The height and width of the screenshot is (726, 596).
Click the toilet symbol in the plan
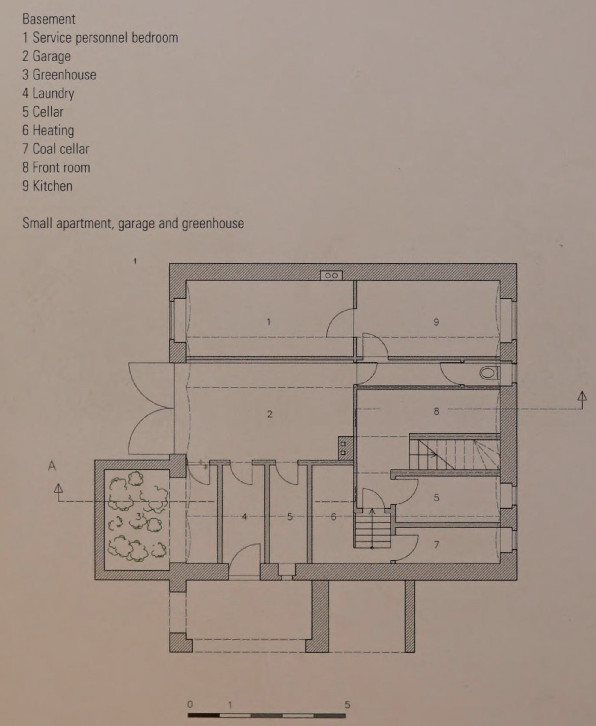click(x=490, y=373)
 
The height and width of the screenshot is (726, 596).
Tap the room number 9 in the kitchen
click(x=436, y=322)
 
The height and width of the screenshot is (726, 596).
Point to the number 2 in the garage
click(x=270, y=414)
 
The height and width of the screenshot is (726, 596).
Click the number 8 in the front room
click(x=436, y=411)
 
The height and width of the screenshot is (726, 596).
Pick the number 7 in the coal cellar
click(x=436, y=545)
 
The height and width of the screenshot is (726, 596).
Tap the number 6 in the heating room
click(x=333, y=517)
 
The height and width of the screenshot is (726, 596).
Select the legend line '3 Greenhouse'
click(x=59, y=75)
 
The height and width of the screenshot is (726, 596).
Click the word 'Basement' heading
click(x=49, y=19)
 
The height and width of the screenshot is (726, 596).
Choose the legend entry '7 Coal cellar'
click(x=56, y=149)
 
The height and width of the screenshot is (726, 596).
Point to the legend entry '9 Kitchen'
click(x=47, y=186)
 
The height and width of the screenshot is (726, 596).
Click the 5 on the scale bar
click(x=347, y=705)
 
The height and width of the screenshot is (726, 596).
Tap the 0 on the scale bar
click(x=190, y=704)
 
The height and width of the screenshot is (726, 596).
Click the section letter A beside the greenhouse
click(x=52, y=466)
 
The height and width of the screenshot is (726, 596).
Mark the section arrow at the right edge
click(x=582, y=400)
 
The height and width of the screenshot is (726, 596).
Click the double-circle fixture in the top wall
click(x=331, y=275)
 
